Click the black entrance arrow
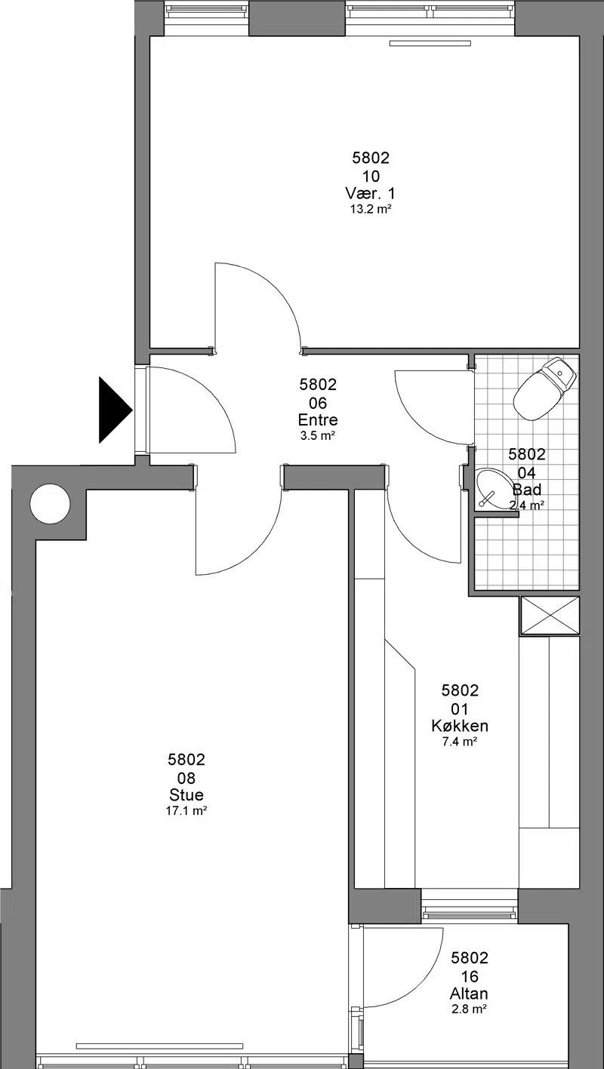(115, 410)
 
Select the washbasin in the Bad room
(494, 490)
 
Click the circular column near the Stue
(50, 504)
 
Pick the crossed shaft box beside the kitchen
(550, 616)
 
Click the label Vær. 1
(370, 194)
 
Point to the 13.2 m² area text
(371, 209)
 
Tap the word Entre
(318, 420)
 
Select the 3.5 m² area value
(318, 436)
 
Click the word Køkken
(460, 726)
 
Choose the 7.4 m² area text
(460, 742)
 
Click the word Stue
(186, 794)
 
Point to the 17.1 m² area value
(186, 810)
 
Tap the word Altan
(469, 994)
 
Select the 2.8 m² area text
(469, 1009)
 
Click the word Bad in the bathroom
(527, 490)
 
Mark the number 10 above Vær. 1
(371, 177)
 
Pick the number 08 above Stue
(186, 778)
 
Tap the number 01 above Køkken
(460, 709)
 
